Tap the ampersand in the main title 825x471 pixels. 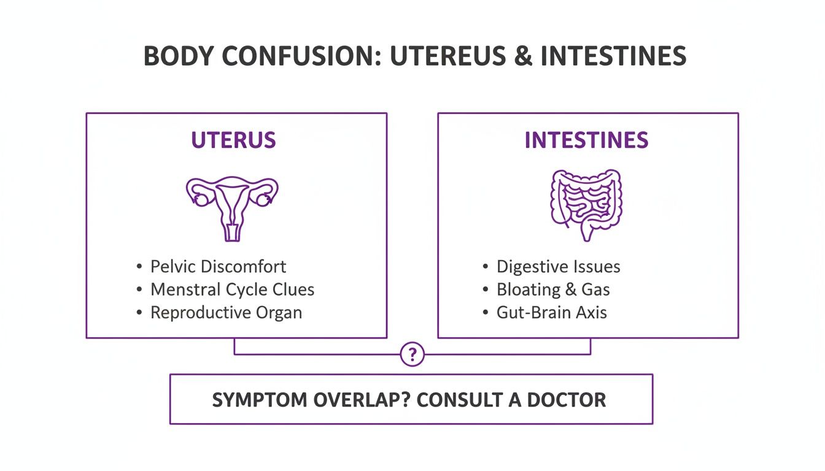[x=525, y=56]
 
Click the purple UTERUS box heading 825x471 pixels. [x=233, y=140]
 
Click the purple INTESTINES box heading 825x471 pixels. [x=586, y=140]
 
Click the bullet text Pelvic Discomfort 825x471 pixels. [x=218, y=267]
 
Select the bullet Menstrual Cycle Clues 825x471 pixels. [x=232, y=289]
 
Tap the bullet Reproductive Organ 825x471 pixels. [x=226, y=312]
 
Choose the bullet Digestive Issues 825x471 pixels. [x=558, y=267]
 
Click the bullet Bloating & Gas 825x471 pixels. [x=553, y=289]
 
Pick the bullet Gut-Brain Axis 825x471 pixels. [x=551, y=312]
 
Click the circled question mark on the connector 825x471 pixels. [x=412, y=354]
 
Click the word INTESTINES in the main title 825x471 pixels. [x=613, y=56]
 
